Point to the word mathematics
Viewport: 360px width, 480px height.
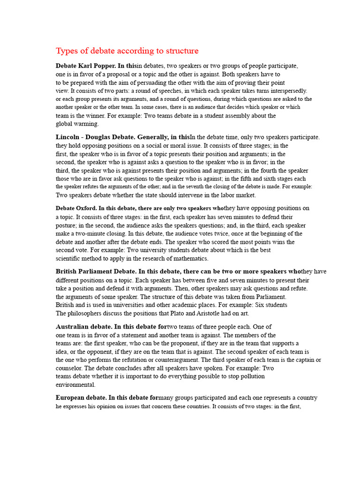(189, 258)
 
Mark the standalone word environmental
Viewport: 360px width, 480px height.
(75, 385)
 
